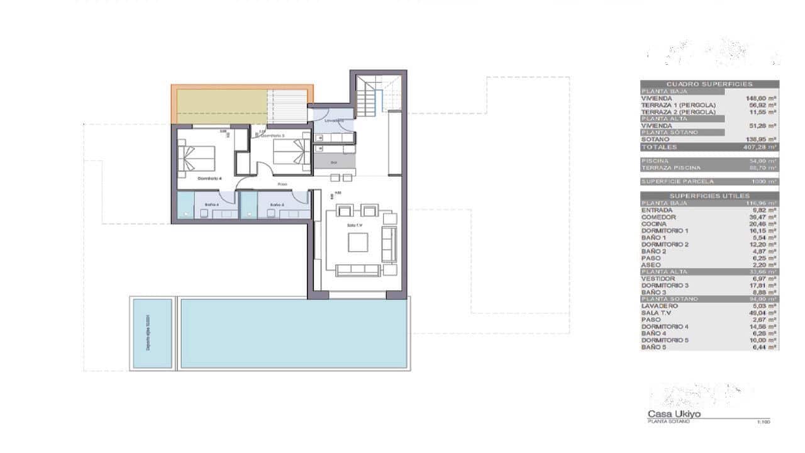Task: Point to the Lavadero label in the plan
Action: [x=335, y=120]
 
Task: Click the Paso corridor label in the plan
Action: [x=282, y=184]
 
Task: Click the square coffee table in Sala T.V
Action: [x=358, y=242]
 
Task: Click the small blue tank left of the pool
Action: [x=152, y=333]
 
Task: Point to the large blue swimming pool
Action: [x=293, y=333]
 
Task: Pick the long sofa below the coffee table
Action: [x=358, y=270]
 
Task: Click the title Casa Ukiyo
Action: [x=674, y=414]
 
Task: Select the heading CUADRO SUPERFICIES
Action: [x=709, y=84]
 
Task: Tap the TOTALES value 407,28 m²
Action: [x=760, y=147]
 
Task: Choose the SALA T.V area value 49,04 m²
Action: [x=762, y=313]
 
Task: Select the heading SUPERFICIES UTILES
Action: [x=709, y=196]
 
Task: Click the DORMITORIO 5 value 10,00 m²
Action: [x=762, y=340]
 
